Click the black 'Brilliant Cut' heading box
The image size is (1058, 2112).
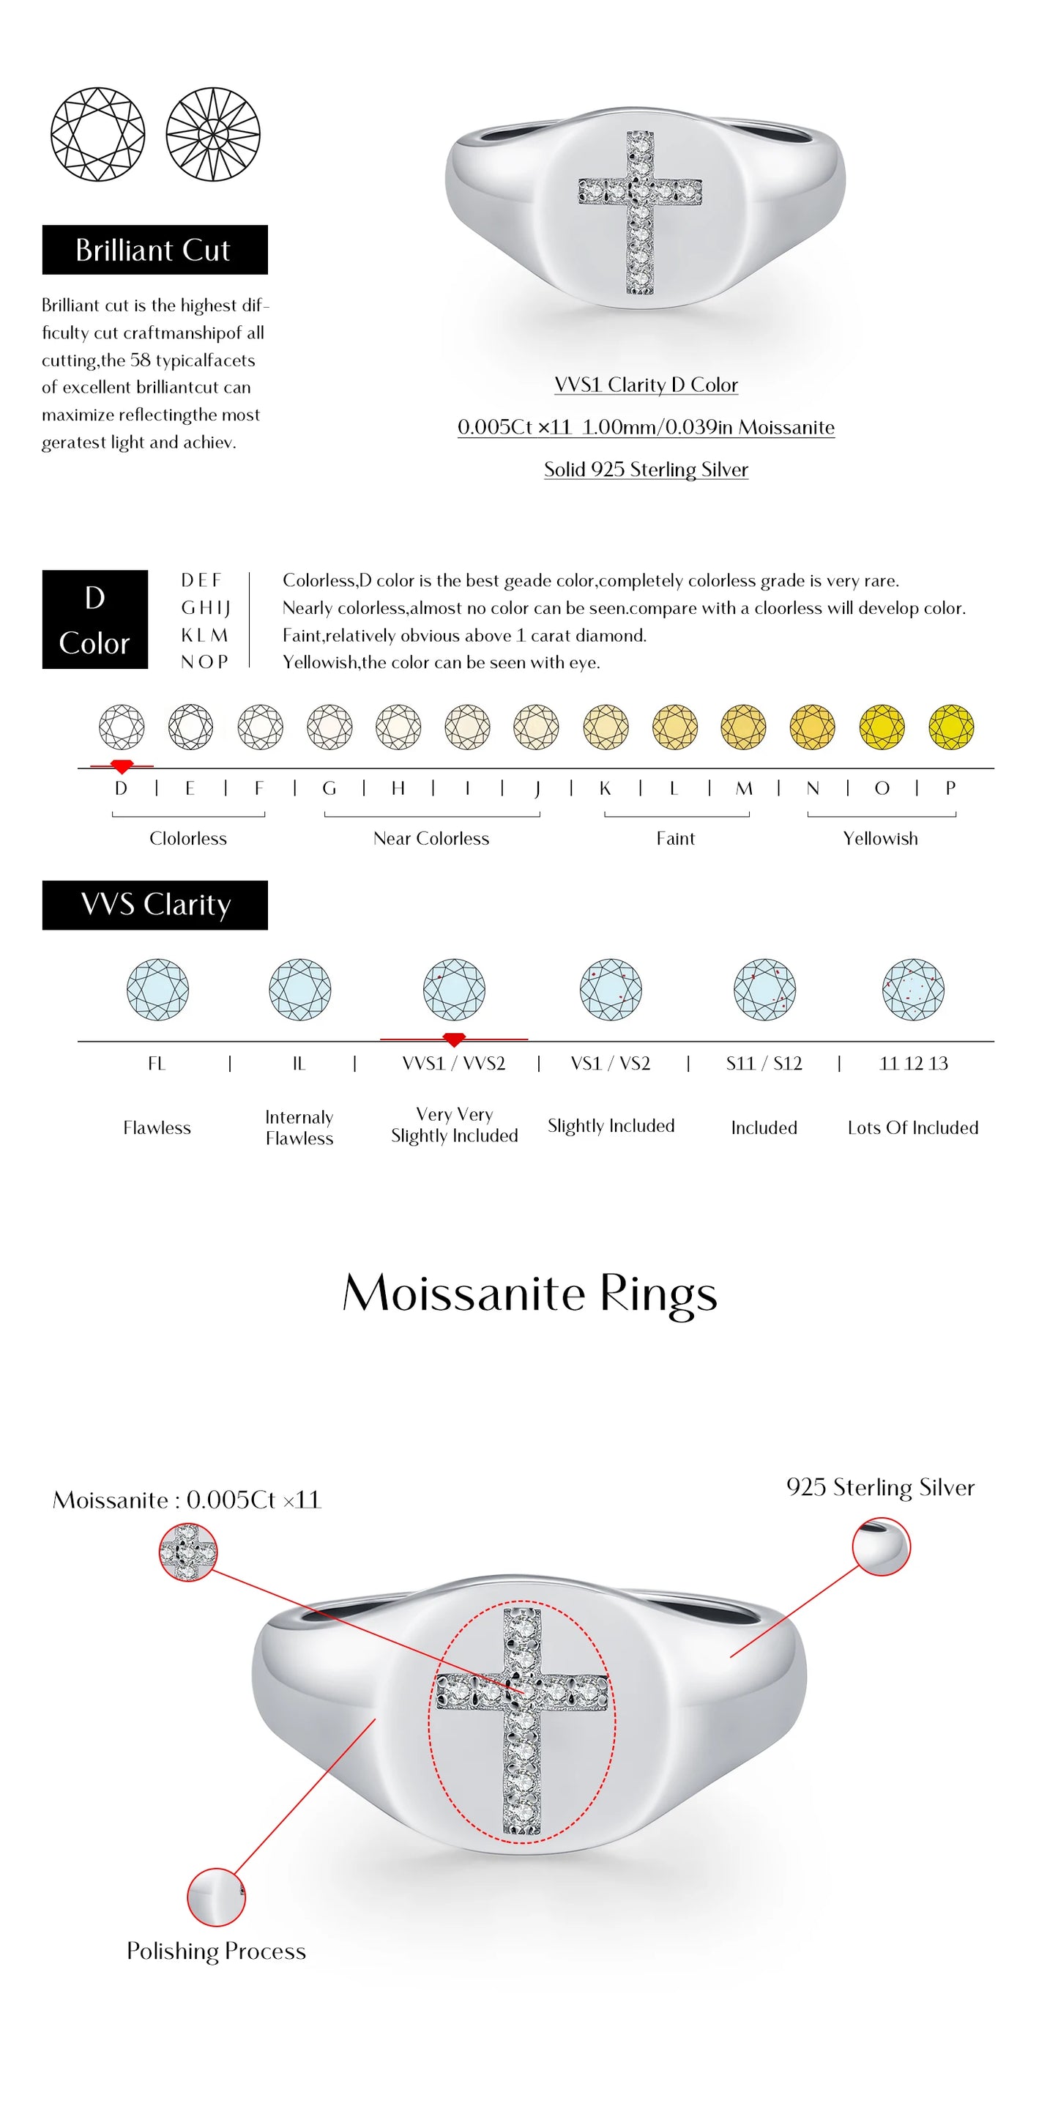pyautogui.click(x=154, y=249)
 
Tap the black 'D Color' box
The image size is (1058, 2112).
pyautogui.click(x=94, y=619)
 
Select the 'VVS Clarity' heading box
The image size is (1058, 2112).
pyautogui.click(x=154, y=904)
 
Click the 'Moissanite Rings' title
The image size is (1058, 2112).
pyautogui.click(x=529, y=1294)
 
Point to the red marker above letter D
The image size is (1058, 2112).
pyautogui.click(x=122, y=766)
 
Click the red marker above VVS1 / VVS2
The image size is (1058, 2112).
pyautogui.click(x=453, y=1039)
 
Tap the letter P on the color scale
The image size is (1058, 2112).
pyautogui.click(x=950, y=788)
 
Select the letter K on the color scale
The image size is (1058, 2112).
pyautogui.click(x=605, y=788)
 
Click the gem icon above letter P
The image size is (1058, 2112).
pyautogui.click(x=950, y=727)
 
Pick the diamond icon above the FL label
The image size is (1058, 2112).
pyautogui.click(x=157, y=990)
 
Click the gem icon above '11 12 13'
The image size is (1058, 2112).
pyautogui.click(x=913, y=990)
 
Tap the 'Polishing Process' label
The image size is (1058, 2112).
pyautogui.click(x=215, y=1951)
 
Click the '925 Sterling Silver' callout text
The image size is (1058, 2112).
pyautogui.click(x=879, y=1486)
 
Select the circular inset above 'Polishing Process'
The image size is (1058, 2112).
pyautogui.click(x=215, y=1897)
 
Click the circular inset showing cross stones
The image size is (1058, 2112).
pyautogui.click(x=187, y=1551)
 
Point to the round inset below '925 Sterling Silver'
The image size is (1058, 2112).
pyautogui.click(x=881, y=1546)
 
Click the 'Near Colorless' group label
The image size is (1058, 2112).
pyautogui.click(x=431, y=838)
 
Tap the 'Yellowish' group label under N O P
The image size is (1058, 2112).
pyautogui.click(x=880, y=838)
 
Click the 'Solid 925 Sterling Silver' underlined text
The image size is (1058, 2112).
pyautogui.click(x=646, y=469)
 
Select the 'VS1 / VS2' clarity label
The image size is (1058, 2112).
pyautogui.click(x=611, y=1064)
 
